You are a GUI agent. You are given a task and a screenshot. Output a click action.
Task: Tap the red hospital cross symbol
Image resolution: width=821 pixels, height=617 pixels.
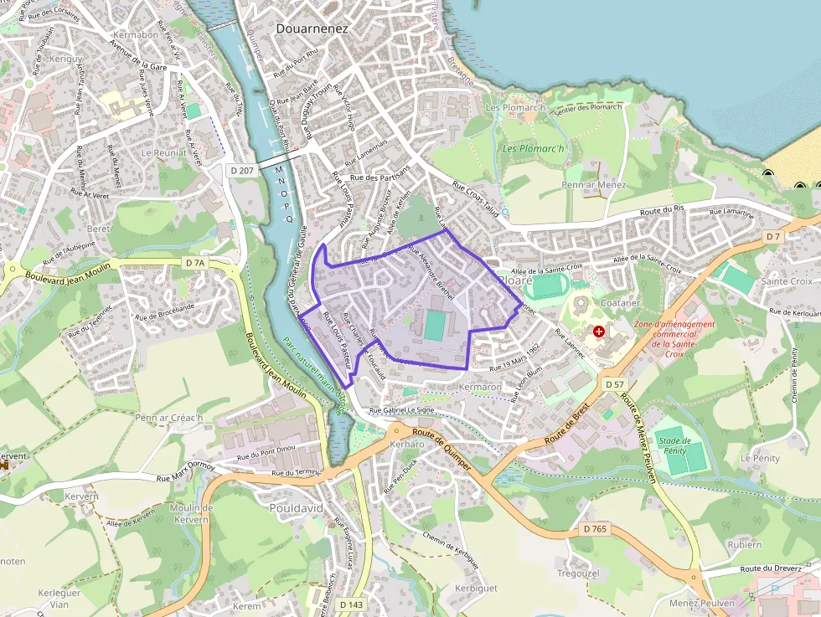(598, 332)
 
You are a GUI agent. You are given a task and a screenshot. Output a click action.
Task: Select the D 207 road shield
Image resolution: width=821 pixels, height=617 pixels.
(241, 170)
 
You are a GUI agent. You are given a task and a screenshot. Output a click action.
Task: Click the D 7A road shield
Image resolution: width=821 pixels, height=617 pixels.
(194, 263)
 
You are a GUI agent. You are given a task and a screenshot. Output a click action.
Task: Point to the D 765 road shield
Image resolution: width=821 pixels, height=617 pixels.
(593, 529)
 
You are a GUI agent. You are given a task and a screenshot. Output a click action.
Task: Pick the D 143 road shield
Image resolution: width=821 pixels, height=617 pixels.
(351, 604)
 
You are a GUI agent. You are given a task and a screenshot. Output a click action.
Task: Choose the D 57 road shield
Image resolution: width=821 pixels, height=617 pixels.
(614, 383)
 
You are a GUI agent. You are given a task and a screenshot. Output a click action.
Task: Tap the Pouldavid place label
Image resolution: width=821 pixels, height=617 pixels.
(297, 508)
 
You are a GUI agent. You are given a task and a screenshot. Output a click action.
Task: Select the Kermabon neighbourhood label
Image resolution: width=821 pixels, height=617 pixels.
(137, 35)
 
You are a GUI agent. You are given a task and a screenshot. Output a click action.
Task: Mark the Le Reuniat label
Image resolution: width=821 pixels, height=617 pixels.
(163, 153)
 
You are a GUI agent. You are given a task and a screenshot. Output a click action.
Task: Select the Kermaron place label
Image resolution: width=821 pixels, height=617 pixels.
(480, 387)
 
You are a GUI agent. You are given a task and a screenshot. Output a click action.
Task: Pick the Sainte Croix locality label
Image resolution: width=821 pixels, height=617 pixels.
(786, 281)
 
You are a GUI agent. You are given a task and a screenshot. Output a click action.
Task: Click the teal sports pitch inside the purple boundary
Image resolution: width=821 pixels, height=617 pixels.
(435, 326)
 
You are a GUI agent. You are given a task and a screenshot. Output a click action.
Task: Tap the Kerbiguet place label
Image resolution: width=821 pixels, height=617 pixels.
(475, 588)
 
